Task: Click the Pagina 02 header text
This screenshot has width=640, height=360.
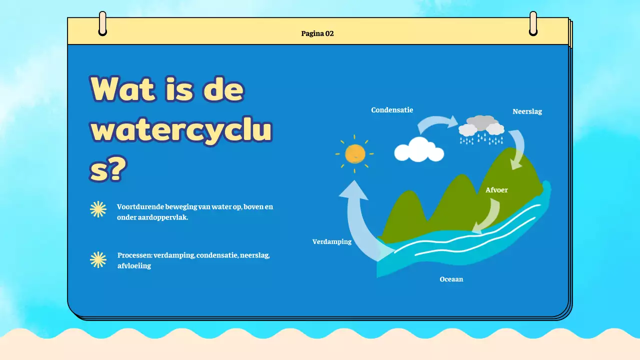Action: pos(317,34)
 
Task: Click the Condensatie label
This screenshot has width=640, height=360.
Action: pos(392,110)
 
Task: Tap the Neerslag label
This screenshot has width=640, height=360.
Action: pos(527,111)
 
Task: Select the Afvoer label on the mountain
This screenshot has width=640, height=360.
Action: pos(496,190)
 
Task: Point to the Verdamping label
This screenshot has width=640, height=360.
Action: pos(332,241)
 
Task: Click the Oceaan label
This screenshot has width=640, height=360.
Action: pos(451,279)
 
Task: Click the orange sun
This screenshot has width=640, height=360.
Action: pos(355,153)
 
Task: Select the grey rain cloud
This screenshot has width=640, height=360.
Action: pos(481,126)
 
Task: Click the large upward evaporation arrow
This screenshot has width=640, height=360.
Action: pos(359,220)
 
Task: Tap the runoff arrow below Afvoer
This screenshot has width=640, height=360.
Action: pos(488,215)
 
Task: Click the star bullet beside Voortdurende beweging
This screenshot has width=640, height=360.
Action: pos(98,209)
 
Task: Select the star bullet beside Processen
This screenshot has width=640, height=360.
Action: pos(98,259)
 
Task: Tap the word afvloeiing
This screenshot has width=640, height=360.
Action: pos(134,266)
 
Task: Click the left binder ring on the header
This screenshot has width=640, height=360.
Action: pos(102,23)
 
